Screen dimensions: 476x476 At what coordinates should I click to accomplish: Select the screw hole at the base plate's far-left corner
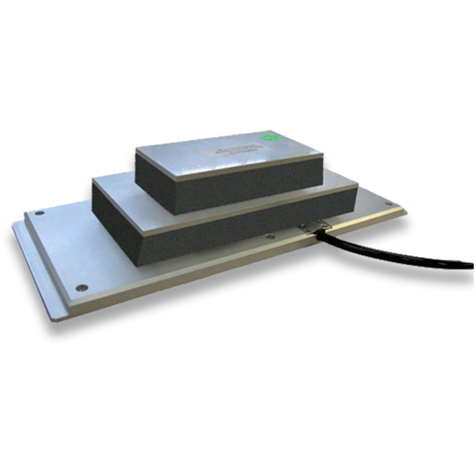tap(40, 213)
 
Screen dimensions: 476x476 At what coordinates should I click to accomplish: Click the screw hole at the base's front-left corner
tap(82, 287)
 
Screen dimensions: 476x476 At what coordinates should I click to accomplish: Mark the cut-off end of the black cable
tap(469, 266)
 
